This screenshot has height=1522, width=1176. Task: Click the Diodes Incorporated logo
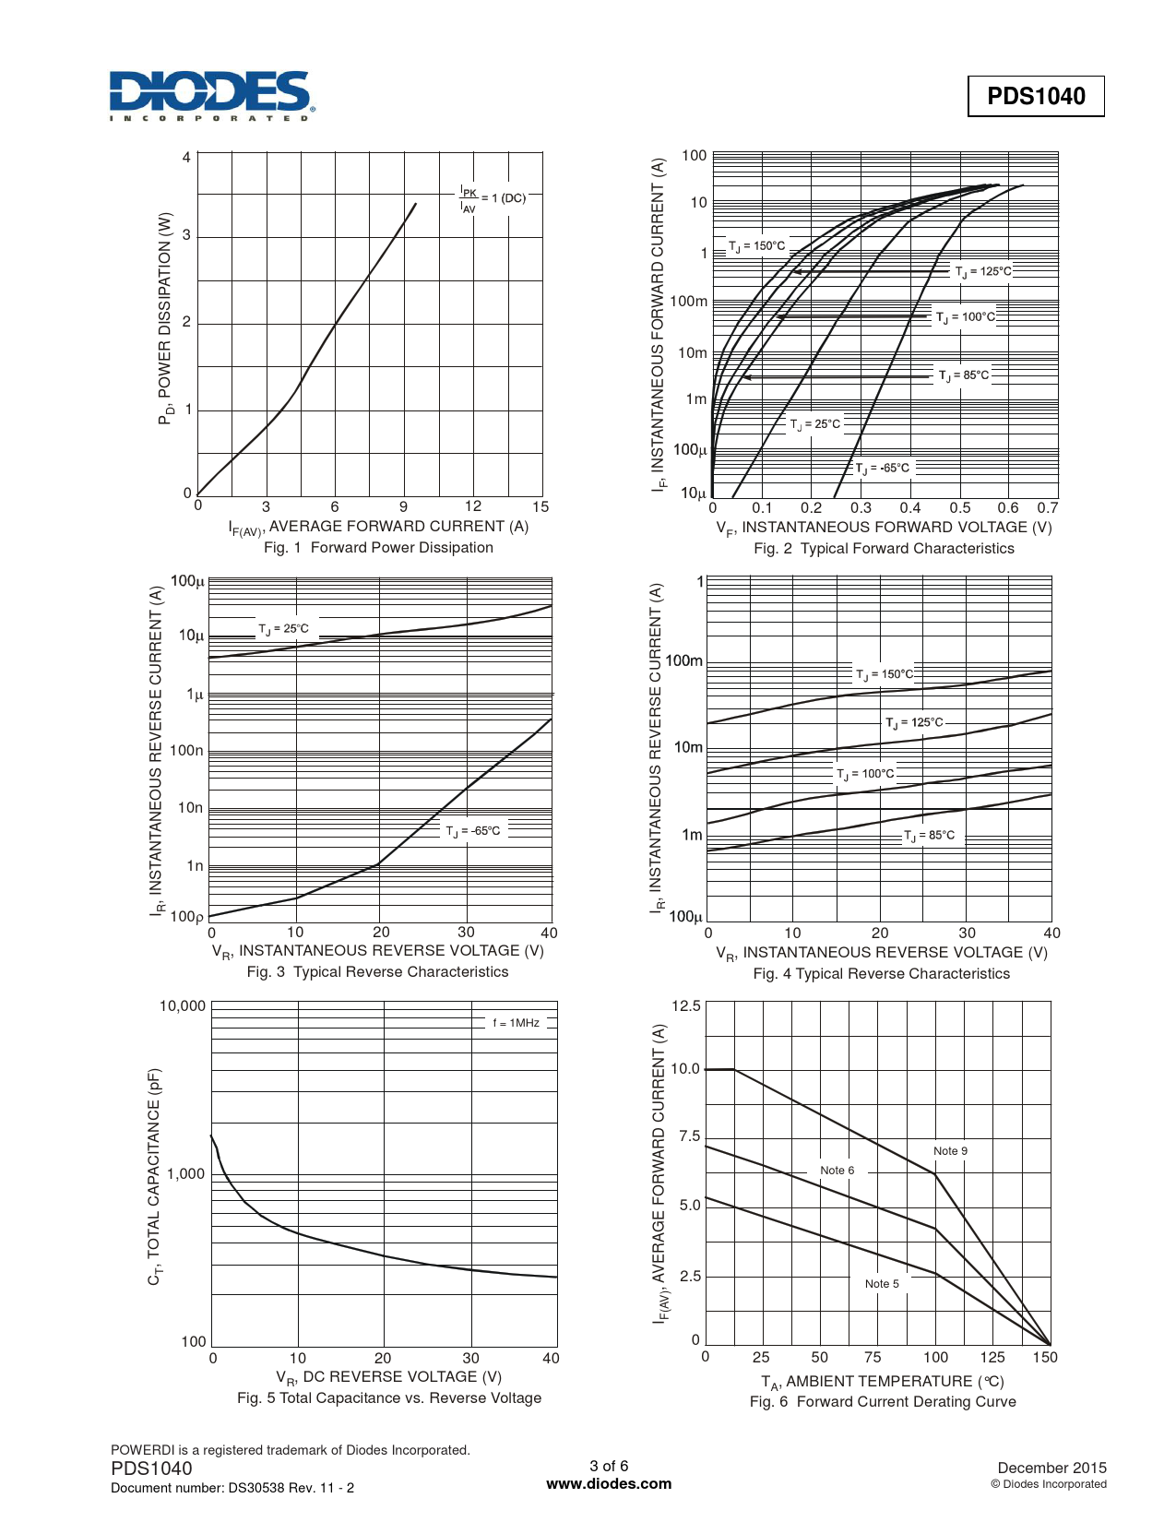(211, 96)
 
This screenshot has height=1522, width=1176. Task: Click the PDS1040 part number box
(1036, 96)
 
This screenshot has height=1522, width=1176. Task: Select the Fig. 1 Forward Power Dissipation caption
(378, 548)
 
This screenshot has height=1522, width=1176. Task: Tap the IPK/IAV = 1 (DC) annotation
(493, 199)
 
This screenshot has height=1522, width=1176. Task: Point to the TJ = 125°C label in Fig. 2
(983, 271)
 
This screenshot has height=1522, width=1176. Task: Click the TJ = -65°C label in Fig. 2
(882, 469)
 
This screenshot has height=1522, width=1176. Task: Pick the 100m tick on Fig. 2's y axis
(689, 302)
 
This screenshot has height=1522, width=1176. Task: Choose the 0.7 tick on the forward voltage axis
(1047, 508)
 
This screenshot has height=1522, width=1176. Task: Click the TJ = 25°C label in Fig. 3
(283, 629)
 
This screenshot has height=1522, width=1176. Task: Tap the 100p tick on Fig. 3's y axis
(187, 917)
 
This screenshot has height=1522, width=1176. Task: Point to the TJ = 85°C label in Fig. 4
(930, 836)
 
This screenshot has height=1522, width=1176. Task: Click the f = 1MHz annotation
(516, 1023)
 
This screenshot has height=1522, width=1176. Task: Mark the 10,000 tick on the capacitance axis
(183, 1006)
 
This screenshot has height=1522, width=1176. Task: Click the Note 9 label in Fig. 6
(950, 1151)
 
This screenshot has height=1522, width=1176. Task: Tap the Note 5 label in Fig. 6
(882, 1284)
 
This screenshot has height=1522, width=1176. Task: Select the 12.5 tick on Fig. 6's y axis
(685, 1006)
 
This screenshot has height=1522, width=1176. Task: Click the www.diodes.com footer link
(609, 1484)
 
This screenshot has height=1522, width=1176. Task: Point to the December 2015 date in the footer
(1051, 1468)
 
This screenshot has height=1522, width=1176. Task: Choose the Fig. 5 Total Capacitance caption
(389, 1398)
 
